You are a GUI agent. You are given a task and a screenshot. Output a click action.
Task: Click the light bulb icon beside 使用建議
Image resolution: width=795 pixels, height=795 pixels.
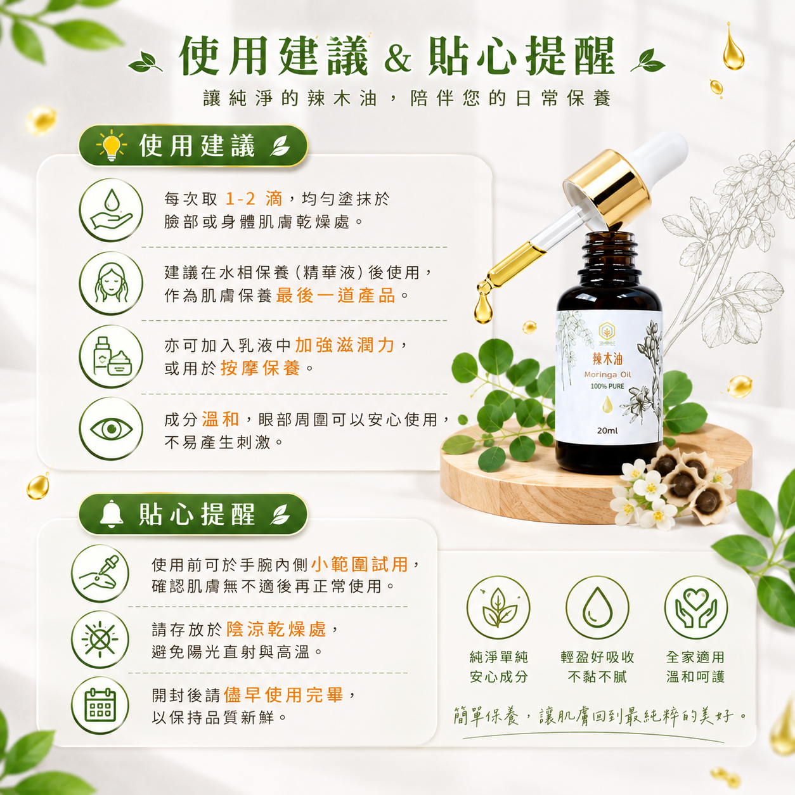click(112, 145)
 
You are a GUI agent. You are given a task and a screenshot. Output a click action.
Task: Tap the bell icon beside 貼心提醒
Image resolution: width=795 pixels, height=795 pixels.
click(112, 514)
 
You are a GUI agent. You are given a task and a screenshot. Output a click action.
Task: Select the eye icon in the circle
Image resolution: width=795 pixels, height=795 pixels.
click(111, 429)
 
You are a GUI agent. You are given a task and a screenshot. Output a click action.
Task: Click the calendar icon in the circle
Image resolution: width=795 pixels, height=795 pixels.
click(100, 704)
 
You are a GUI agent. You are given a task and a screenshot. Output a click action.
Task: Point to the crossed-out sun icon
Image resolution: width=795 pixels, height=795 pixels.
click(100, 640)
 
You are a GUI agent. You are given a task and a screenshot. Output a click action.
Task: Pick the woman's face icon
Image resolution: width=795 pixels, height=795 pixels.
click(110, 283)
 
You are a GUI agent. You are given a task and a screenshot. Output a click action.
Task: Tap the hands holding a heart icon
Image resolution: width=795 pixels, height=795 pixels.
click(695, 608)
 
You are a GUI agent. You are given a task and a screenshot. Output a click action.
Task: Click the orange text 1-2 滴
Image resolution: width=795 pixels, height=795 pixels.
click(254, 199)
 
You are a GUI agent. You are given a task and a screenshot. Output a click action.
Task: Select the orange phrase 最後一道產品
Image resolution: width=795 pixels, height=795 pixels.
click(335, 295)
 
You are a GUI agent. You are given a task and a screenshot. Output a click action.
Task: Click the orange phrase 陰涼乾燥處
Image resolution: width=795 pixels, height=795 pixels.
click(276, 629)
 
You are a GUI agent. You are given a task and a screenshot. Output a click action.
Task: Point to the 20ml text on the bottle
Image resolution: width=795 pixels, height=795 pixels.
click(607, 430)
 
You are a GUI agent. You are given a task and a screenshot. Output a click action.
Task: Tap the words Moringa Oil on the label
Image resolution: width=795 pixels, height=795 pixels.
click(607, 375)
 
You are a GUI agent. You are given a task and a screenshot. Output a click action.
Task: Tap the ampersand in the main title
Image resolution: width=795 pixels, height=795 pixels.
click(397, 60)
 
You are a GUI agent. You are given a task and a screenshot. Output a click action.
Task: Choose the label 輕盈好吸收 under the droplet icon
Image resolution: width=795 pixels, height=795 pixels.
click(597, 657)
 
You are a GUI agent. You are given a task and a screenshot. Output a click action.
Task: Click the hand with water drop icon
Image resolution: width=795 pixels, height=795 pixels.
click(111, 210)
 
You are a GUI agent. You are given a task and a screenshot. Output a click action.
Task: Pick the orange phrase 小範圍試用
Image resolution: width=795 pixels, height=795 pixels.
click(359, 564)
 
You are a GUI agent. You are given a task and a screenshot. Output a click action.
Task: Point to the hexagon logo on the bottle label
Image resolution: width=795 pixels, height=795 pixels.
click(607, 330)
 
